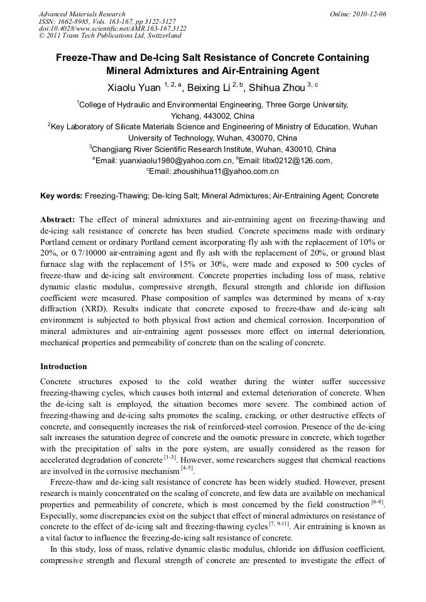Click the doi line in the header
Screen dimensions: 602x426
pyautogui.click(x=112, y=28)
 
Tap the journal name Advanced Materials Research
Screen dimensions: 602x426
pyautogui.click(x=82, y=14)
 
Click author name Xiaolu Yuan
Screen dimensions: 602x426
pyautogui.click(x=129, y=87)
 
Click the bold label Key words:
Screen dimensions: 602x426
pyautogui.click(x=61, y=196)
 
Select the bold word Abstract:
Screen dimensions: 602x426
pyautogui.click(x=58, y=220)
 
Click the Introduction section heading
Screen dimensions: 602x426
pyautogui.click(x=63, y=366)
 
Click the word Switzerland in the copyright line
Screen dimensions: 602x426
pyautogui.click(x=159, y=36)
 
